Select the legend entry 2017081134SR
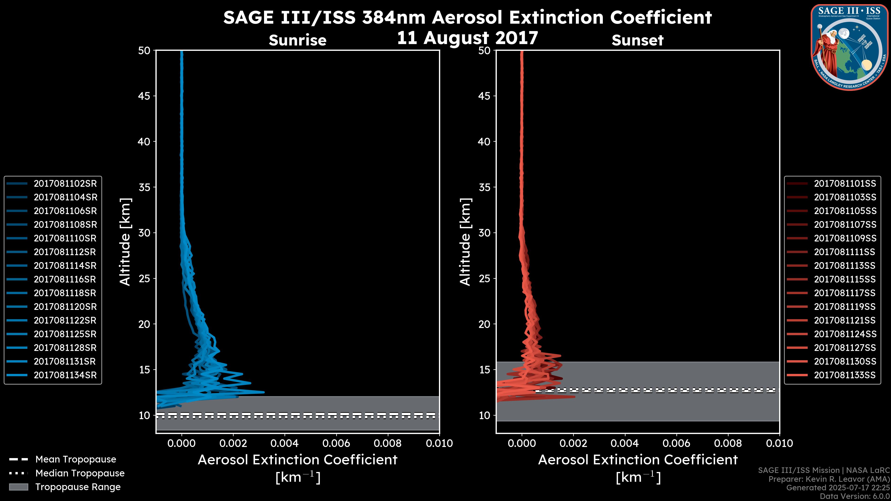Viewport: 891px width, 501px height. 65,375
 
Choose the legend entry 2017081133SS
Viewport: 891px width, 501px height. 845,375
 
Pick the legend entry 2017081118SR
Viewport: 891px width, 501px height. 65,293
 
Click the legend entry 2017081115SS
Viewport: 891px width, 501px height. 845,279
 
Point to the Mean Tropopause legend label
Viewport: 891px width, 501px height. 75,459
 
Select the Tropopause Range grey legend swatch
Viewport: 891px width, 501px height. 18,487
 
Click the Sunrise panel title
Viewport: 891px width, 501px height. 297,40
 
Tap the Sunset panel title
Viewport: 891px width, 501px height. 637,40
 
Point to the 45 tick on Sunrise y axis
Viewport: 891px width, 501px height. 144,96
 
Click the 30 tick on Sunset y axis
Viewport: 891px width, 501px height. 484,233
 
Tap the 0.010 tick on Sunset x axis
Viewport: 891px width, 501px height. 779,443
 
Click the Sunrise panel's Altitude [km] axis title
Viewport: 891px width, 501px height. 125,242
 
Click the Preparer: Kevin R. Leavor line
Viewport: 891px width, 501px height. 829,479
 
